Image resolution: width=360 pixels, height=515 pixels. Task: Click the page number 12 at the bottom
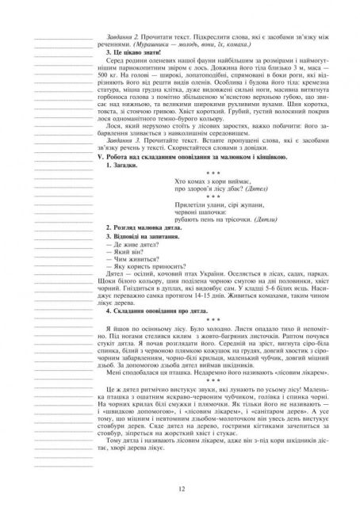click(181, 489)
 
